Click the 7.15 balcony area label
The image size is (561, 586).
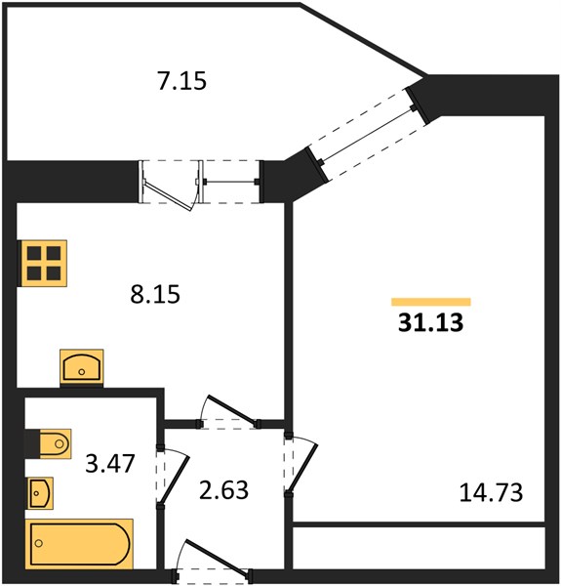coord(181,81)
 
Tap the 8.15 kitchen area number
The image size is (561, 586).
coord(155,294)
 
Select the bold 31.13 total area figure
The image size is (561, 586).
coord(430,322)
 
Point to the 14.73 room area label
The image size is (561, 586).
coord(491,492)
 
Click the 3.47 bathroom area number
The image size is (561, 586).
coord(109,463)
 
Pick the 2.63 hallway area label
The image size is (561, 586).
coord(223,490)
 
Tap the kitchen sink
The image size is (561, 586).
coord(82,367)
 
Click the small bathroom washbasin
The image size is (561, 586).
coord(41,493)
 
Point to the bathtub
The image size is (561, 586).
coord(79,543)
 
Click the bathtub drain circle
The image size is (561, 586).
coord(38,543)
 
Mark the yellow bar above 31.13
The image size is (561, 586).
coord(431,302)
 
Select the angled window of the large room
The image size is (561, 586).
coord(367,135)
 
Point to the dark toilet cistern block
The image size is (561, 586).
coord(32,443)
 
